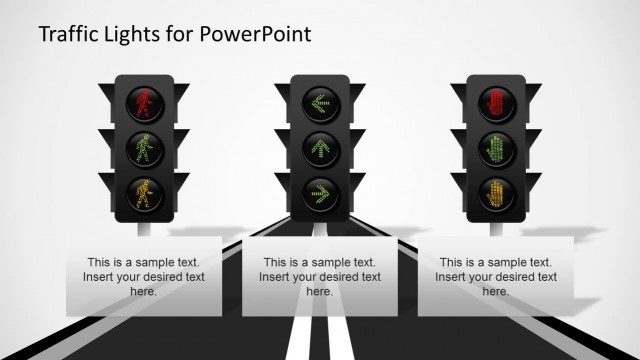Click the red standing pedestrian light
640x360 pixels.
(144, 102)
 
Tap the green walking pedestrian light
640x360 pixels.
(144, 147)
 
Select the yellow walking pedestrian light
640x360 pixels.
(144, 192)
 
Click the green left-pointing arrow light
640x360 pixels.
(319, 102)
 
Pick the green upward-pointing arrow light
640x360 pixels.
(319, 147)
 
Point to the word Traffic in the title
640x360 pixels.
(67, 34)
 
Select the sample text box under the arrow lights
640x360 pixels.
(319, 277)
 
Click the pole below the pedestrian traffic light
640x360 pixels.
(144, 229)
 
